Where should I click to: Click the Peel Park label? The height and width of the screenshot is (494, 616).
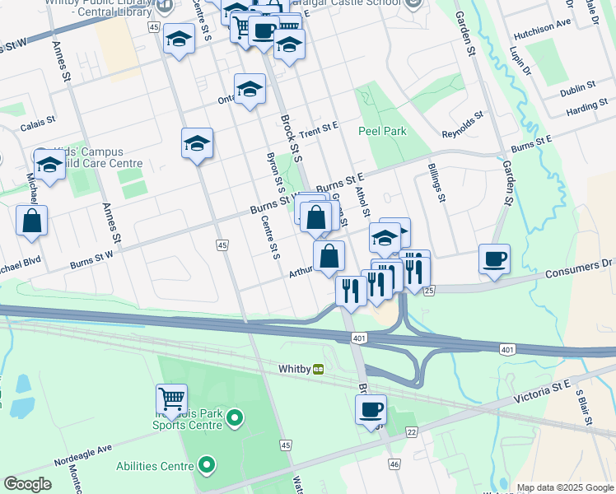[383, 131]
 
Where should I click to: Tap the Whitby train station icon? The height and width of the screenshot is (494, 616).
[318, 370]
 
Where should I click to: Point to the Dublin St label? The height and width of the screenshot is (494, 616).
[578, 87]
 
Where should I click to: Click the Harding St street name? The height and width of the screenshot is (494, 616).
[586, 107]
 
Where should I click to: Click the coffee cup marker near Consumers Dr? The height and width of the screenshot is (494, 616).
[494, 260]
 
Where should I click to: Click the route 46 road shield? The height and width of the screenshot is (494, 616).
[394, 465]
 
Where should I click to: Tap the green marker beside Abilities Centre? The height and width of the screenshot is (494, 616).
[207, 466]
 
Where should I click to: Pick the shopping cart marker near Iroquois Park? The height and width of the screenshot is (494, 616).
[172, 399]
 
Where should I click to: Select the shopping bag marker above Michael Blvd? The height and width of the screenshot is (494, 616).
[31, 221]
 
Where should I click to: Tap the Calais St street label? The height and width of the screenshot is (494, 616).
[37, 120]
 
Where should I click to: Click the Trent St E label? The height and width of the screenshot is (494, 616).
[320, 128]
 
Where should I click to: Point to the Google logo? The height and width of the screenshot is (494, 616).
[27, 484]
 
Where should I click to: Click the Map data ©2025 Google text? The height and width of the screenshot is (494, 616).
[564, 487]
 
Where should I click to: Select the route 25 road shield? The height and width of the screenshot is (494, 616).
[428, 291]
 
